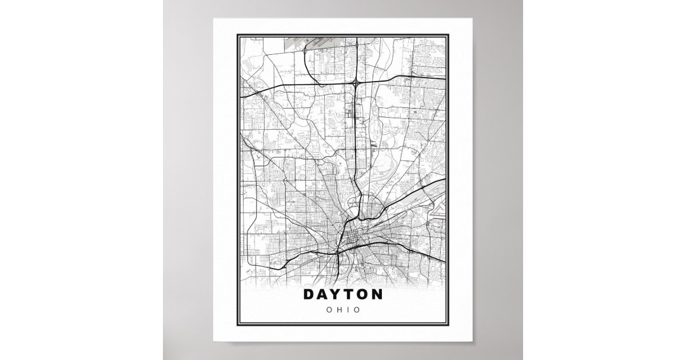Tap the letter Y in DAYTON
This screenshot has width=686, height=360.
click(334, 295)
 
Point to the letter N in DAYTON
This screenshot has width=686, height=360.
click(377, 295)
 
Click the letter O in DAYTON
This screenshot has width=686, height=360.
click(361, 295)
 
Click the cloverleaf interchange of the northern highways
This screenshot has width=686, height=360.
click(356, 84)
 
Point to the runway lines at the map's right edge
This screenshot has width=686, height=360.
click(437, 214)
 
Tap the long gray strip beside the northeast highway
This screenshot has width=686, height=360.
click(426, 191)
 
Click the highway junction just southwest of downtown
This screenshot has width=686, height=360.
click(338, 250)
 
